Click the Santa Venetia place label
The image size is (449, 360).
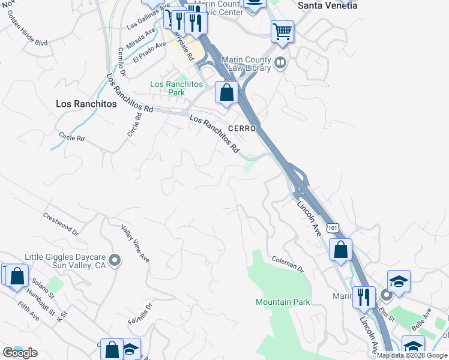coord(328,5)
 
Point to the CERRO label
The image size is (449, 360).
coord(243,129)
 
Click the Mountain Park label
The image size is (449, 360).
coord(283,302)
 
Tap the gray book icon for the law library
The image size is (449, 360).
coord(280,63)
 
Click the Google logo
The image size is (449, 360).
coord(20,352)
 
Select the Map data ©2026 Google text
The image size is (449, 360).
coord(412,355)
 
